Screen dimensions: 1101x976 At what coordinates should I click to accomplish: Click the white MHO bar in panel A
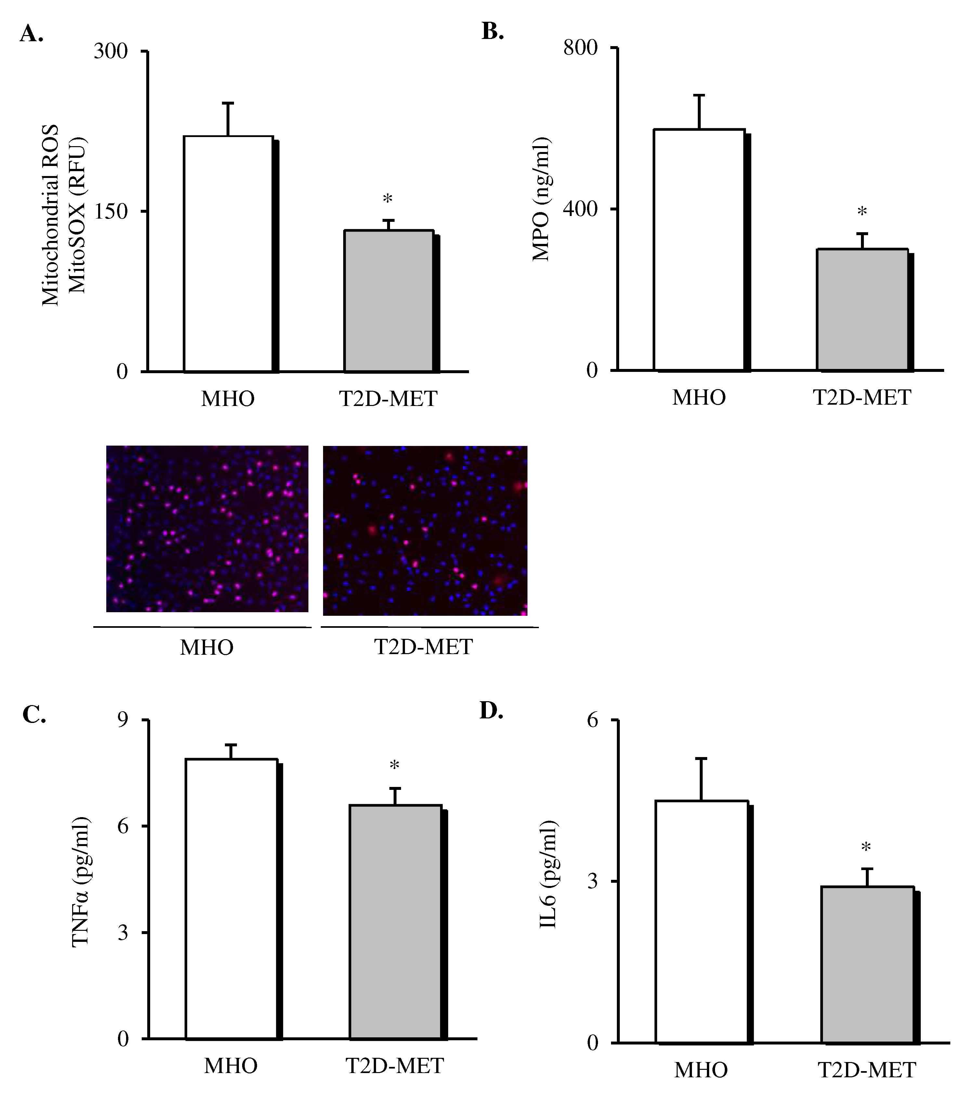(228, 254)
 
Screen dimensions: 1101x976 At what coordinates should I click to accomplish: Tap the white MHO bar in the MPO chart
(699, 249)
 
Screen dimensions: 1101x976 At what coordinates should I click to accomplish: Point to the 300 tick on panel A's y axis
(111, 52)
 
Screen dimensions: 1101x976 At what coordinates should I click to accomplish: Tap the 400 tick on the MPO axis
(580, 209)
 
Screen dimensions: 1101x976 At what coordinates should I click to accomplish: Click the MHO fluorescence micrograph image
(207, 528)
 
